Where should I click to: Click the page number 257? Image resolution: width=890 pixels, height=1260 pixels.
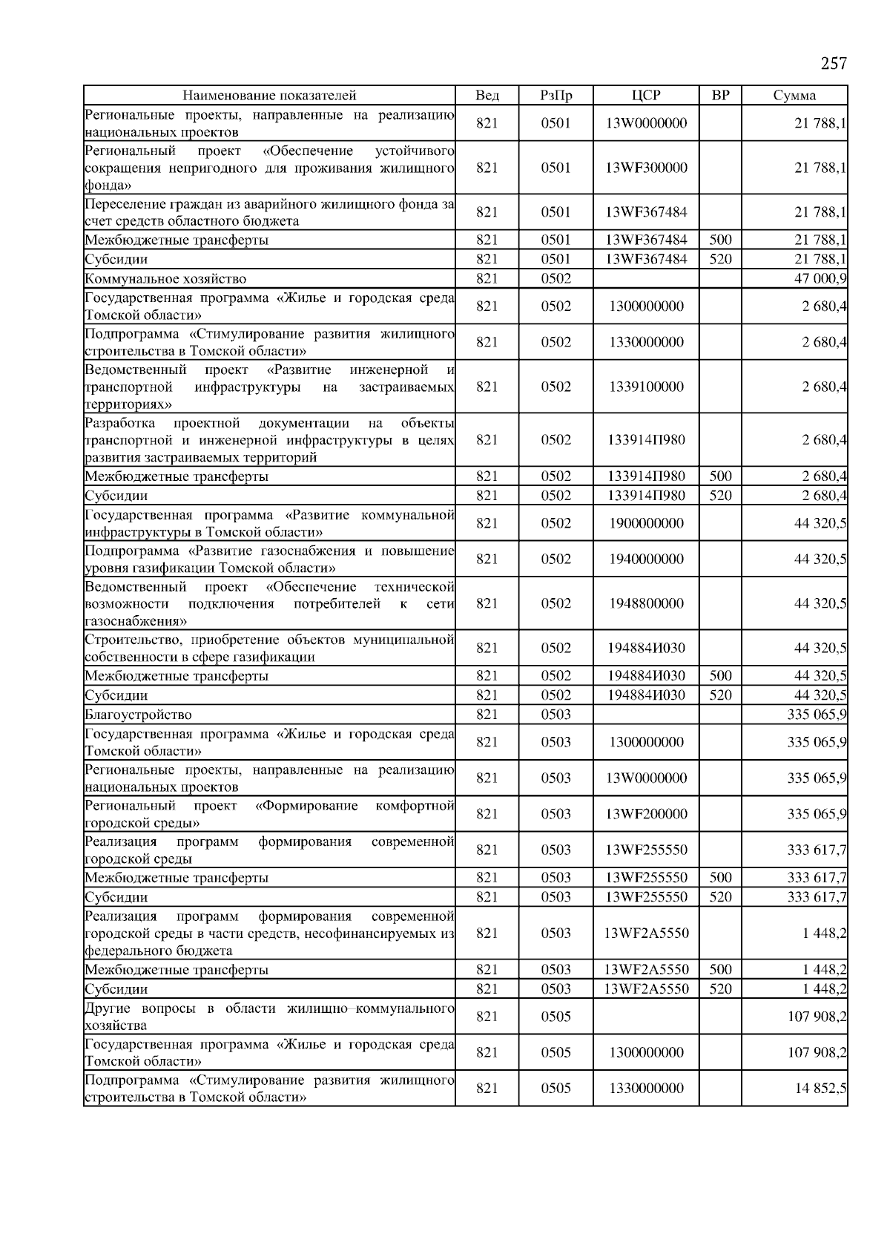tap(834, 64)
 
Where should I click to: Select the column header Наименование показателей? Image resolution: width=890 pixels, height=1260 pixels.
tap(269, 95)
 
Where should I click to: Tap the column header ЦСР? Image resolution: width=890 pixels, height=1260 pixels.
tap(646, 95)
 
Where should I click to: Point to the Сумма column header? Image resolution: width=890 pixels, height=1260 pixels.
tap(794, 95)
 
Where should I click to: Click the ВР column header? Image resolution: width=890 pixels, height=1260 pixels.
tap(720, 95)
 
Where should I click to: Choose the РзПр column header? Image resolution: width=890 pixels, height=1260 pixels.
tap(556, 95)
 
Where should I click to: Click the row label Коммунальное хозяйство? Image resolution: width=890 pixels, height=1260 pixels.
tap(165, 279)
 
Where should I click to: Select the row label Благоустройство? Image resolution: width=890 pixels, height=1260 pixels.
tap(139, 715)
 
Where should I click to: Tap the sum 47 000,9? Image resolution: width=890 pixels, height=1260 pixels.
tap(820, 279)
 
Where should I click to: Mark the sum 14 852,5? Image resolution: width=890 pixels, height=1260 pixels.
tap(820, 1089)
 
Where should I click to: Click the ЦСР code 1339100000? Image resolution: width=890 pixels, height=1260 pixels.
tap(646, 387)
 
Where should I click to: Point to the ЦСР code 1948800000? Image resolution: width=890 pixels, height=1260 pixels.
tap(646, 603)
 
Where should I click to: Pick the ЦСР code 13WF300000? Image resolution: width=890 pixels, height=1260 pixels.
tap(646, 168)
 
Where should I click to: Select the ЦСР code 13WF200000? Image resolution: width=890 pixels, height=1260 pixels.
tap(646, 814)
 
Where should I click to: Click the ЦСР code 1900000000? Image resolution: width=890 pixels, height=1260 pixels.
tap(646, 523)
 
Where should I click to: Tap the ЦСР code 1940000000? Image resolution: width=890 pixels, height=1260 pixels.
tap(646, 559)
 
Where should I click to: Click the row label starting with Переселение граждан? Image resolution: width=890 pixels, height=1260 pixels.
tap(269, 212)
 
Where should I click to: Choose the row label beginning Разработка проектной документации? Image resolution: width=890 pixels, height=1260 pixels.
tap(269, 440)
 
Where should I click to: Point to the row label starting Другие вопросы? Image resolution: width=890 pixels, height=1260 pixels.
tap(269, 1017)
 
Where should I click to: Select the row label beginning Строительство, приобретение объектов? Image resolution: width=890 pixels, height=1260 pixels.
tap(269, 648)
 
